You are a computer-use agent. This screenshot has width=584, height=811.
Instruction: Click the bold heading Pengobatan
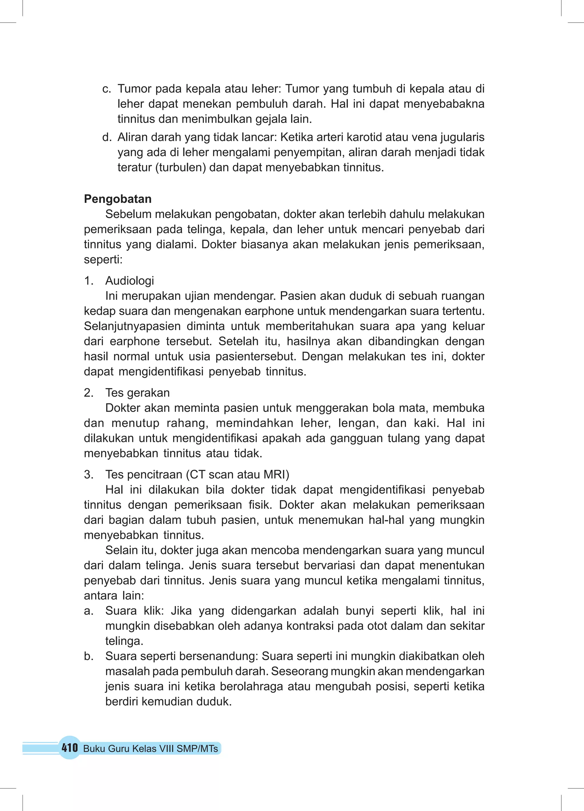117,199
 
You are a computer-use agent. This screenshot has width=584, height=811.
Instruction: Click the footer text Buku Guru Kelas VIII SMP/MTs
151,749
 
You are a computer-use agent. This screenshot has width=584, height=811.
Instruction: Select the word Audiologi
129,281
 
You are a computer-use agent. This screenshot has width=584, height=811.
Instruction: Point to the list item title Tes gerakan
137,393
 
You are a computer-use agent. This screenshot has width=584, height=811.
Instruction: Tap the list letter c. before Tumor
107,89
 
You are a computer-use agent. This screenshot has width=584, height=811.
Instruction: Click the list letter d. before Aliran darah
107,137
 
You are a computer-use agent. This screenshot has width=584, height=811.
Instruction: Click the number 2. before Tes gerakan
88,393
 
